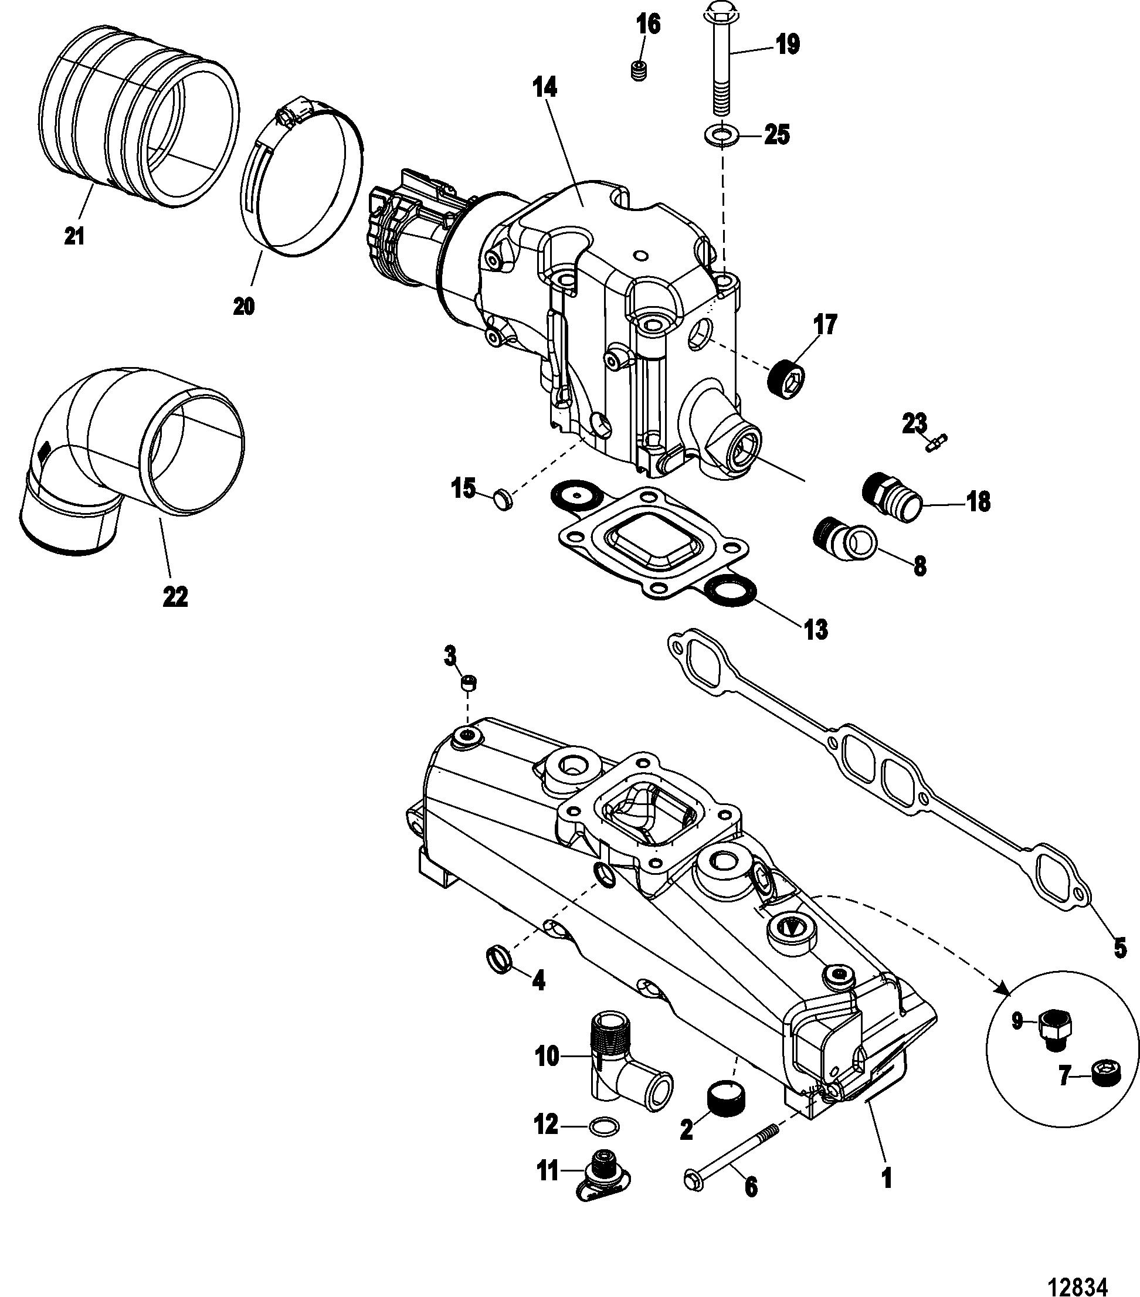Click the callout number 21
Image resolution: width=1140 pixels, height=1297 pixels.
click(74, 237)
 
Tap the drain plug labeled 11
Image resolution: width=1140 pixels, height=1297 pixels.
click(603, 1173)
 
